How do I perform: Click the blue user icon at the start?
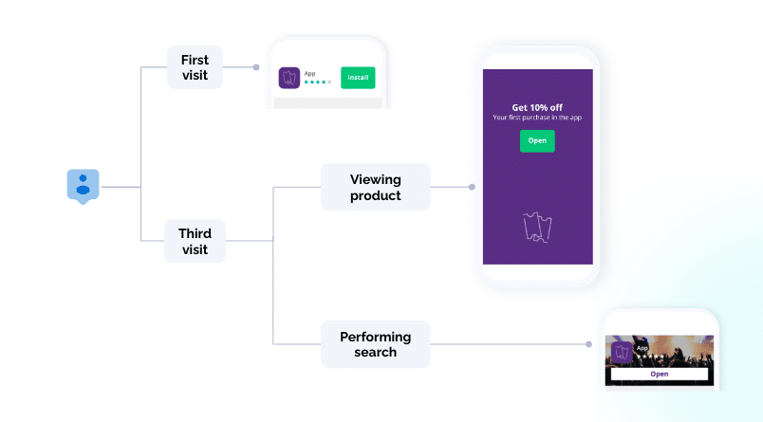pos(83,185)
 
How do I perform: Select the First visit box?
pos(195,67)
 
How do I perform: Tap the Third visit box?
pos(195,241)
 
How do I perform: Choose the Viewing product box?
pos(375,187)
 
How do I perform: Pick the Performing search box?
pos(375,344)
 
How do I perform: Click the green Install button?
pos(358,77)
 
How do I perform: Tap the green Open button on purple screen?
pos(537,140)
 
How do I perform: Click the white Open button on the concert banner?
pos(659,374)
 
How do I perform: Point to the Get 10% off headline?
pos(537,107)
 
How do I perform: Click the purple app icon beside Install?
pos(289,78)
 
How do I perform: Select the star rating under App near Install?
pos(317,83)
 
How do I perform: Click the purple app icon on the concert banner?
pos(622,353)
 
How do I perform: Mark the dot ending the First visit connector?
pos(256,67)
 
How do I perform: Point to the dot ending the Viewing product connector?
pos(472,187)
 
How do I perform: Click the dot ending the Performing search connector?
pos(589,344)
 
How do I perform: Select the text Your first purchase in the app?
pos(537,118)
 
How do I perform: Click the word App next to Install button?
pos(309,72)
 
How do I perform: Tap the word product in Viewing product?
pos(375,195)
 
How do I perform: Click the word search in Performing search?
pos(375,353)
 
